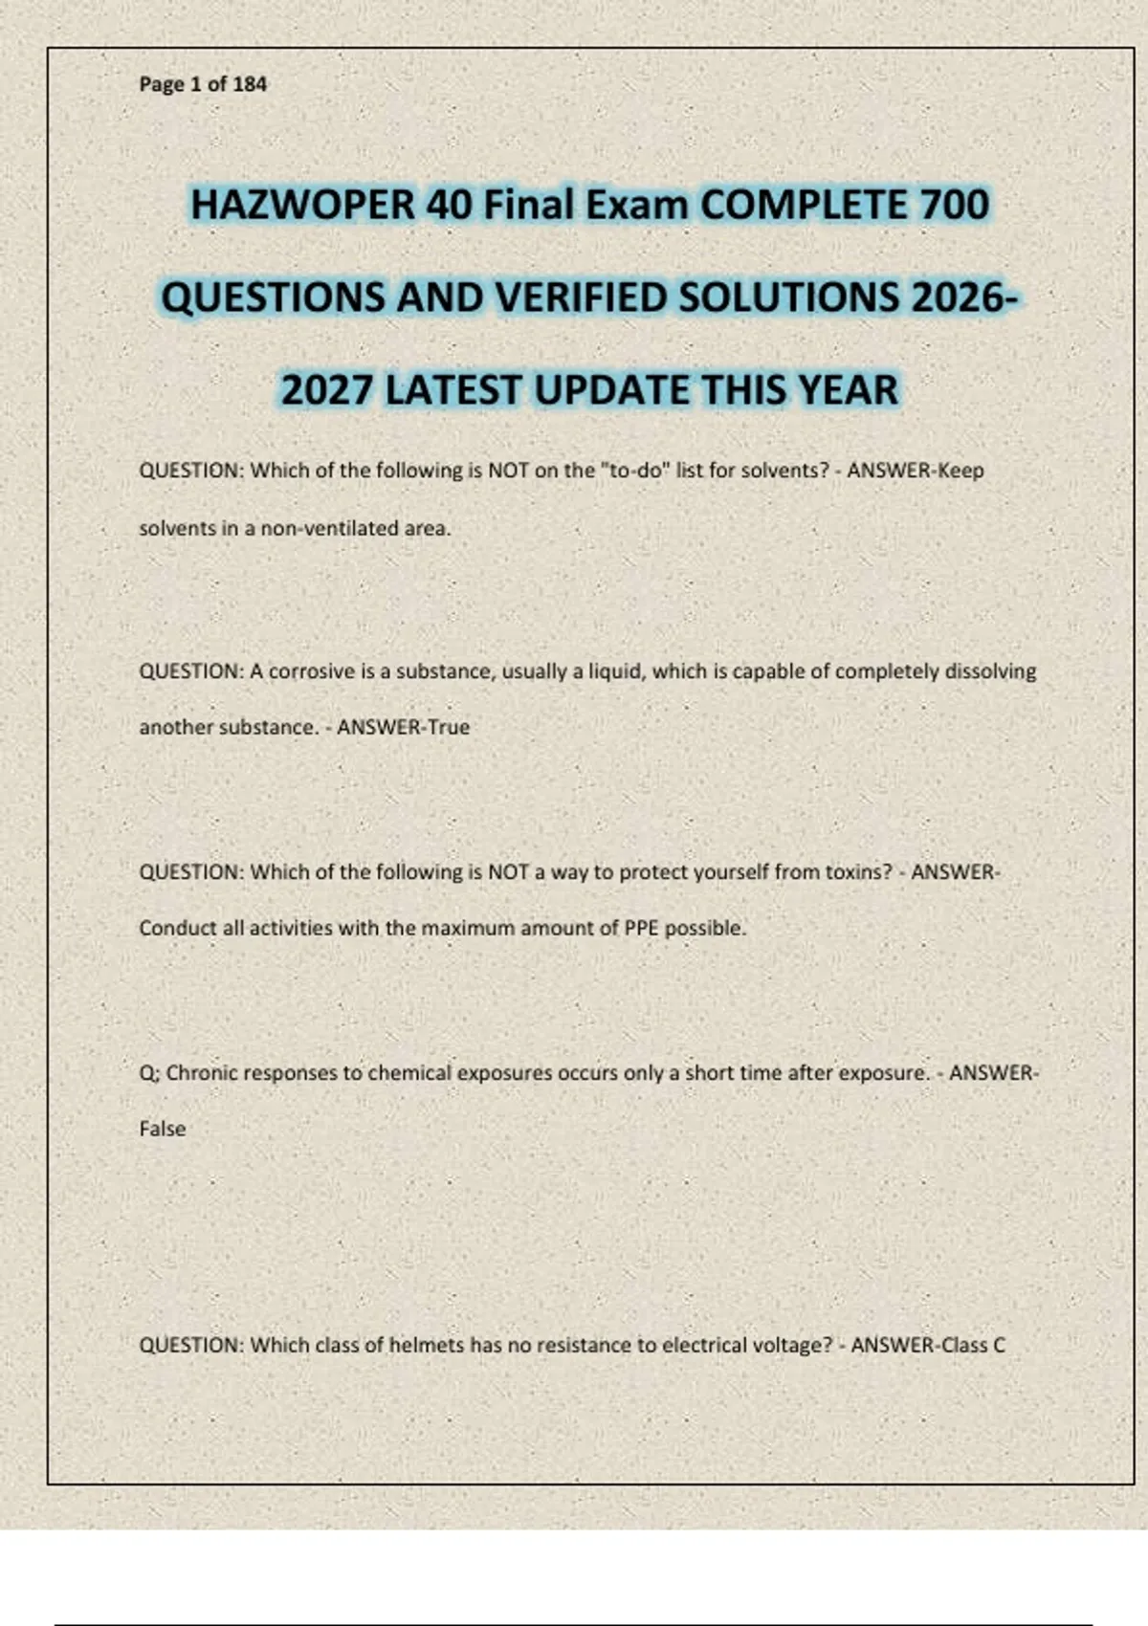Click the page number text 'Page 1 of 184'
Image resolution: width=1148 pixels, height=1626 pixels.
[203, 84]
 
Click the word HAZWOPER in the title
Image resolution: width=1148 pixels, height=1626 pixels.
[302, 205]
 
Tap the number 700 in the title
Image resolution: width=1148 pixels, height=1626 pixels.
[954, 205]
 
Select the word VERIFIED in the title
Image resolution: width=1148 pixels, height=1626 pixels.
[583, 297]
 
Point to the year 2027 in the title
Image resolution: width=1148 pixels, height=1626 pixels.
[326, 390]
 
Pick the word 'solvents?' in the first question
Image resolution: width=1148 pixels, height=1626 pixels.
[784, 471]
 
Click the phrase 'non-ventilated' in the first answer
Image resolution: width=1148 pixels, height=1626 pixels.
[329, 528]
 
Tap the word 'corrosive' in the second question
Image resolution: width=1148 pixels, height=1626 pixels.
[312, 671]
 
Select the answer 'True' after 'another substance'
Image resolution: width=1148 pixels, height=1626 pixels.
[449, 727]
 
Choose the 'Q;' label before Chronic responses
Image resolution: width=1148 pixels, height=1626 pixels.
[149, 1073]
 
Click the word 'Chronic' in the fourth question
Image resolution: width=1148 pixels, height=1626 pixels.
[202, 1073]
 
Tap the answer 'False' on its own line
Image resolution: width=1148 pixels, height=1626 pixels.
[163, 1129]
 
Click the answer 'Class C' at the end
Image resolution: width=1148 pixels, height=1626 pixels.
[974, 1345]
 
